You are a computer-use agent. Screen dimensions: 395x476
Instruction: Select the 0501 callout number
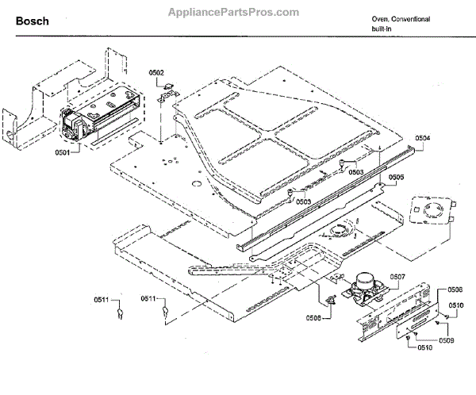pos(63,151)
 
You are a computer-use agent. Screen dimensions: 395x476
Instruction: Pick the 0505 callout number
pos(396,177)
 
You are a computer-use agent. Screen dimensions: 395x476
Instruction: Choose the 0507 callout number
pos(397,276)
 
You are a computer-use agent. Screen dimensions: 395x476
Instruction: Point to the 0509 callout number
pos(447,340)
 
